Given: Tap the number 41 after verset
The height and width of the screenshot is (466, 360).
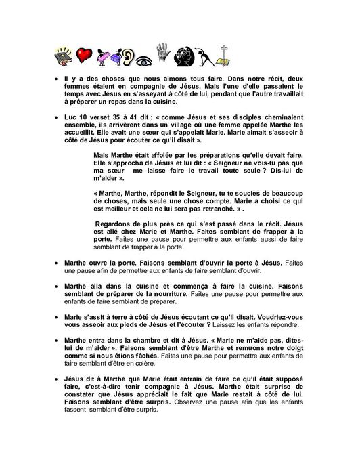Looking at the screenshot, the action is click(138, 116).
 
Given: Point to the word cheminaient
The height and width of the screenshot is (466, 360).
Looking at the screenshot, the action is click(272, 116).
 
